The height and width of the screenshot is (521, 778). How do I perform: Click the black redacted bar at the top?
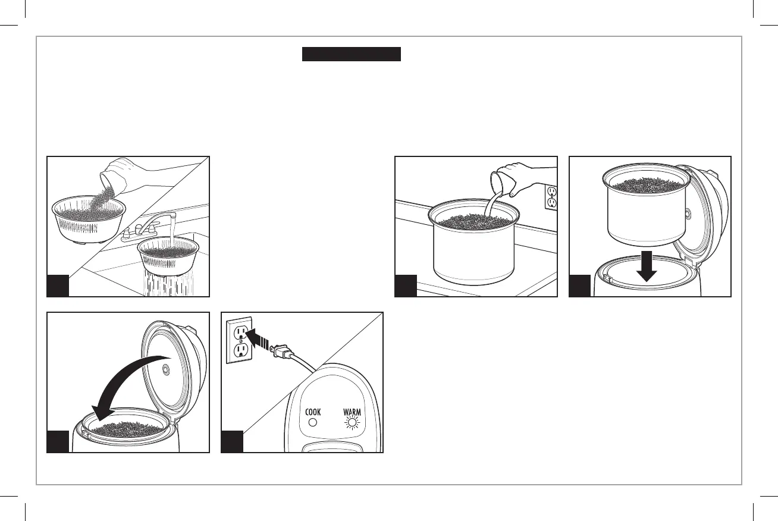coord(352,55)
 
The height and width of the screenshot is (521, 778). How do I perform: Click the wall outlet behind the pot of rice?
coord(551,197)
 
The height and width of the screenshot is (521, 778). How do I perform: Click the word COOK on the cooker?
coord(313,412)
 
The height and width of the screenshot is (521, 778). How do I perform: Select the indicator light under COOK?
coord(313,424)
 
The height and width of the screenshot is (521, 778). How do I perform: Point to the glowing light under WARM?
coord(352,424)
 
